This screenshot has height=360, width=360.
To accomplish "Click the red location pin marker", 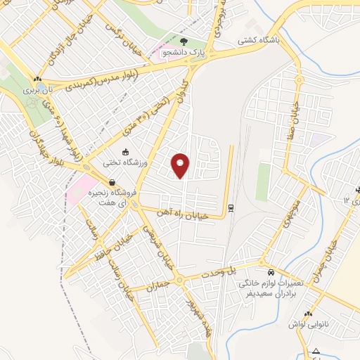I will pyautogui.click(x=181, y=165).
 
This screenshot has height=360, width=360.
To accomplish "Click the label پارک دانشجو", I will pyautogui.click(x=184, y=51).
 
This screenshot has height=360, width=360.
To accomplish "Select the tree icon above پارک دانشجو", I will pyautogui.click(x=184, y=41).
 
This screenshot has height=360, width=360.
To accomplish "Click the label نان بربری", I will pyautogui.click(x=37, y=90).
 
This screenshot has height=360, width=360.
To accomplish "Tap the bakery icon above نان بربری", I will pyautogui.click(x=37, y=79).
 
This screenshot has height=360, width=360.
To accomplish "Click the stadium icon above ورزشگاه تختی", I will pyautogui.click(x=125, y=152).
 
